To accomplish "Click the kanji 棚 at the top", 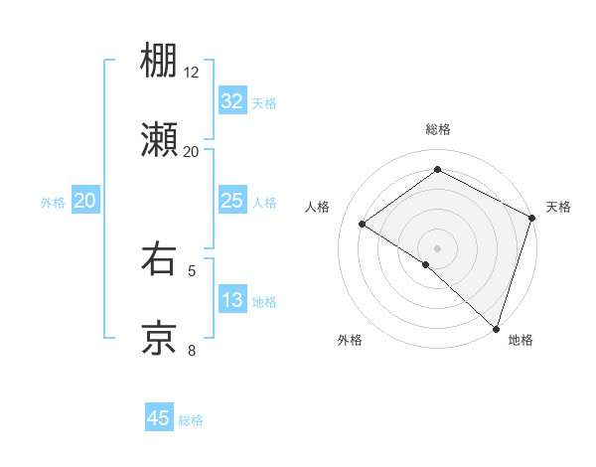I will (x=159, y=61).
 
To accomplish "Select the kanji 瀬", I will (x=159, y=140).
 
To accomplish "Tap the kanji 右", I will (x=159, y=259).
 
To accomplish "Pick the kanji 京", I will (x=159, y=338).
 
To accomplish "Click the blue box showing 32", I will (x=231, y=101).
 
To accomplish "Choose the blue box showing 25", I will (x=231, y=202).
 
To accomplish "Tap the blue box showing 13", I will (x=231, y=300).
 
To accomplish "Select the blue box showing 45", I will (x=159, y=418).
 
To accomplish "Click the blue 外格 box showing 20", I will (x=84, y=202).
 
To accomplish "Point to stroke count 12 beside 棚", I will (x=192, y=73).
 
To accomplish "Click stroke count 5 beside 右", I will (x=192, y=269).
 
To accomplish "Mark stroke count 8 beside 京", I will (x=192, y=349).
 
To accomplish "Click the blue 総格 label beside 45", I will (x=191, y=420).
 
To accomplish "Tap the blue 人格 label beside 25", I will (x=264, y=203).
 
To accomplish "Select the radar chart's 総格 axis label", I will (x=437, y=129).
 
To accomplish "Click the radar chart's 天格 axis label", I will (x=558, y=207).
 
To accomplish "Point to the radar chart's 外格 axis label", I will (x=350, y=340).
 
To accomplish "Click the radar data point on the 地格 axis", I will (x=496, y=328).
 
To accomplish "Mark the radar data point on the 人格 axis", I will (x=363, y=224).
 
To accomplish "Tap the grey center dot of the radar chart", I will (x=437, y=247).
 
